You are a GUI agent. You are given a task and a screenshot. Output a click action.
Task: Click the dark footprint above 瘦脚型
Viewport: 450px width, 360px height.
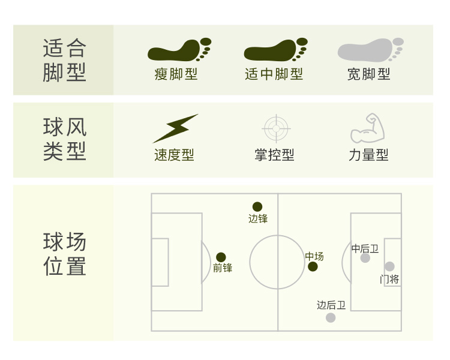coord(178,50)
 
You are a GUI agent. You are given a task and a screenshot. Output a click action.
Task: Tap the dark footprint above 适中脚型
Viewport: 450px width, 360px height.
coord(275,50)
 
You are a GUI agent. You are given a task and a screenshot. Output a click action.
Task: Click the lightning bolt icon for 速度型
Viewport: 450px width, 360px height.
coord(175,128)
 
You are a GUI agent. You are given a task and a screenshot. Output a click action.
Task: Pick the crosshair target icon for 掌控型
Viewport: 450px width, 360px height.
coord(276,128)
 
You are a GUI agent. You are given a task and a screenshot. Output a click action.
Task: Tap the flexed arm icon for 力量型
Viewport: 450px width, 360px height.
coord(368,127)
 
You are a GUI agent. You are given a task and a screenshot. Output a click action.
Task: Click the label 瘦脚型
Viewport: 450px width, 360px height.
coord(176,74)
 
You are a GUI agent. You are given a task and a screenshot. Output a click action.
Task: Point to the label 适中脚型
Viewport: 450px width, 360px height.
coord(274,74)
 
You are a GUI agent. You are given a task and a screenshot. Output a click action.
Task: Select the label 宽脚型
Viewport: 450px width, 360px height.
coord(369,74)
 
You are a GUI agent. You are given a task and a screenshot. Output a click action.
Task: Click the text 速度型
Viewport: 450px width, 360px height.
coord(174,155)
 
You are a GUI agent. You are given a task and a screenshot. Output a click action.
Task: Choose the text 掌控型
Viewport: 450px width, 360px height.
coord(274,155)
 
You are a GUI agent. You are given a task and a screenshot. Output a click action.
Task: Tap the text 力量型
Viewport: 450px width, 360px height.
coord(368,155)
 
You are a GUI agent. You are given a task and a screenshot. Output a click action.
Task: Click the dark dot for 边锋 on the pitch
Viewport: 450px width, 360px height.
coord(257,206)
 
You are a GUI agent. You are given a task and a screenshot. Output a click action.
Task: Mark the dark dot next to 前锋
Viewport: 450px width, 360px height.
coord(221,257)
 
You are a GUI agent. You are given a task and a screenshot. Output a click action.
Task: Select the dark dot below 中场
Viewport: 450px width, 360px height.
coord(313,266)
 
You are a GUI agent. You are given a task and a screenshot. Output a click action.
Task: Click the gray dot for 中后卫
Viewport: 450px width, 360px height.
coord(365,258)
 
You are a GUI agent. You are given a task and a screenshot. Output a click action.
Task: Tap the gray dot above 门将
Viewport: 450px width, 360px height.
coord(389,266)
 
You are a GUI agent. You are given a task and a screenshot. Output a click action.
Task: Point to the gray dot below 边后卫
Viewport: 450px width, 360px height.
coord(331,317)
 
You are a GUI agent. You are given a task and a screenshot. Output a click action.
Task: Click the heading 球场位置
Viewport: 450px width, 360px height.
coord(65,254)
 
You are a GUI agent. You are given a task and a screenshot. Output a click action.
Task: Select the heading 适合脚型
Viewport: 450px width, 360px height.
coord(65,60)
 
